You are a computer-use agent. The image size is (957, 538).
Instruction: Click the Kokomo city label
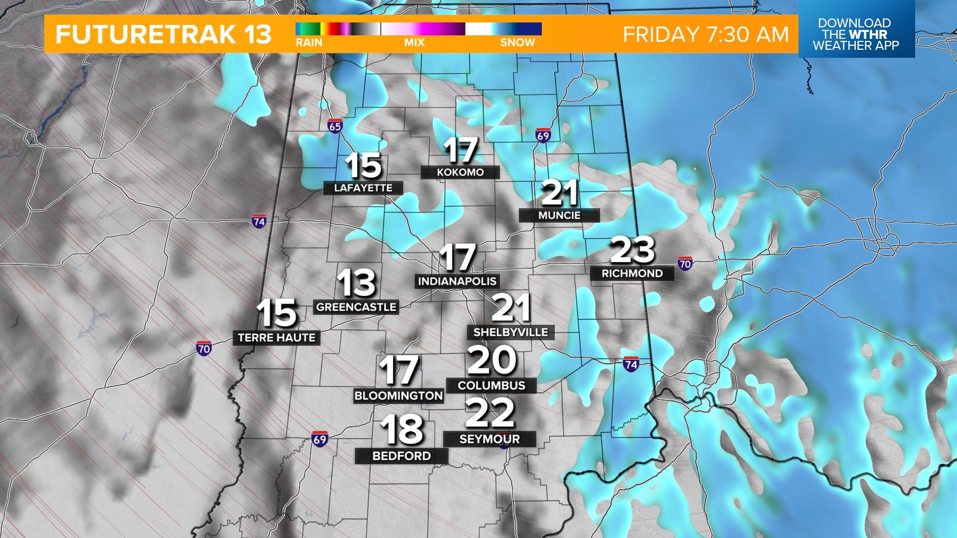tap(460, 172)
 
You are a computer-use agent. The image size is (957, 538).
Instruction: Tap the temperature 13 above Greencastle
tap(356, 283)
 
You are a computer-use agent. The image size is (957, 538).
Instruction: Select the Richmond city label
tap(632, 273)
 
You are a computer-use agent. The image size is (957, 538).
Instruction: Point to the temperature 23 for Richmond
tap(632, 250)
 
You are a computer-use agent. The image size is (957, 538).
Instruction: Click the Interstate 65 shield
tap(335, 126)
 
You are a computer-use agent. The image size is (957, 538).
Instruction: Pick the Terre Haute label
tap(277, 338)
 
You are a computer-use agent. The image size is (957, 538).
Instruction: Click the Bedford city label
tap(401, 456)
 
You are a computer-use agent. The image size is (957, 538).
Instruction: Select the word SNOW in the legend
tap(517, 43)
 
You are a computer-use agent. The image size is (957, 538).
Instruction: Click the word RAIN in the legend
tap(309, 43)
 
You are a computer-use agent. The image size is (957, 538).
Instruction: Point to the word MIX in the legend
tap(414, 43)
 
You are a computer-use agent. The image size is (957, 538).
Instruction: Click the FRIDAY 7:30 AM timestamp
tap(706, 34)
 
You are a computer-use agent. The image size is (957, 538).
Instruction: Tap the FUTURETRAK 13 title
tap(163, 34)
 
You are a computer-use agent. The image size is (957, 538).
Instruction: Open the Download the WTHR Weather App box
tap(856, 34)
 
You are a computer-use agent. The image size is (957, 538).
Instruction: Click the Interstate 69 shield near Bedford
tap(319, 439)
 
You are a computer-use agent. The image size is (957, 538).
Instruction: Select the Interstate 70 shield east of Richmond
tap(685, 264)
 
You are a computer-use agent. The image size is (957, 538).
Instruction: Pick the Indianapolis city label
tap(457, 281)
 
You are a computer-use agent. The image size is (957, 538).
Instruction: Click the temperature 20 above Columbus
tap(491, 360)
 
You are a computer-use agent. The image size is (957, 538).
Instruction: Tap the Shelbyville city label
tap(510, 332)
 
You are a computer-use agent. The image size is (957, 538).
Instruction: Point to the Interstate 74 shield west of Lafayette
tap(259, 221)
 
